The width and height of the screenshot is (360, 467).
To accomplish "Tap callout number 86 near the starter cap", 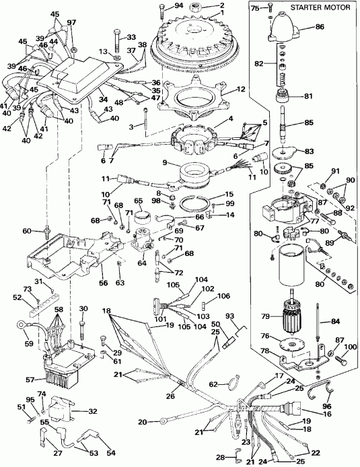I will pos(338,28).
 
